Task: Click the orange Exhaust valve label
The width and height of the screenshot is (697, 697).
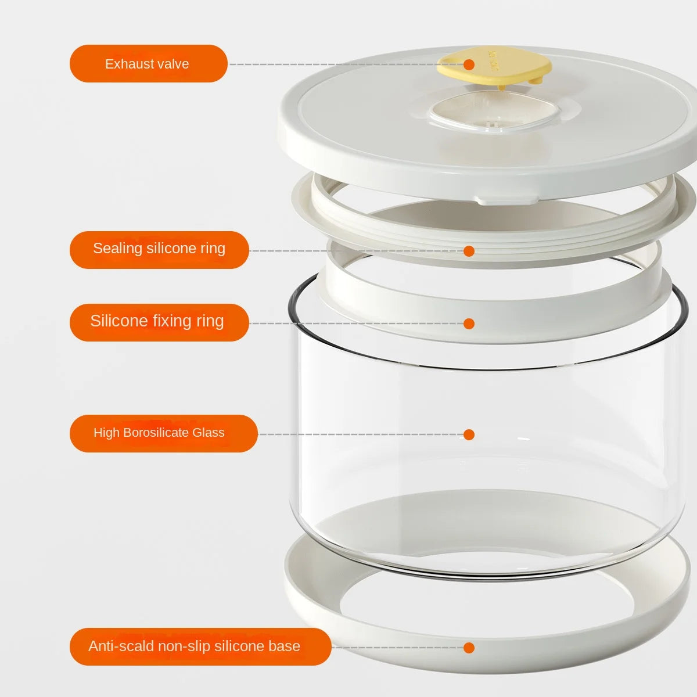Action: tap(148, 63)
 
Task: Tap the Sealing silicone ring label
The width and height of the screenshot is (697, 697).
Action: tap(159, 250)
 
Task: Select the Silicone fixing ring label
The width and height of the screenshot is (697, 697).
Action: tap(159, 322)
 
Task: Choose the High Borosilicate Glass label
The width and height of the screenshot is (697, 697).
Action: tap(163, 433)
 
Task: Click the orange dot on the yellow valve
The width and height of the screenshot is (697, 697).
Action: tap(469, 64)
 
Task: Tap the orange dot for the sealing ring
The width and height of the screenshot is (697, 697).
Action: tap(469, 251)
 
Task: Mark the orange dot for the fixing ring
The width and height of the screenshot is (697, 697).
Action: tap(469, 324)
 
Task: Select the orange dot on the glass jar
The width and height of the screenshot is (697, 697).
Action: tap(469, 434)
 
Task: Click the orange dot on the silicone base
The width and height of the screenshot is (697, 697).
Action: tap(469, 648)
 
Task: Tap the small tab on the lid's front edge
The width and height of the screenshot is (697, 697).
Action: tap(505, 199)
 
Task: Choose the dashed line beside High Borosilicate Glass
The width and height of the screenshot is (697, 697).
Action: tap(360, 434)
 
